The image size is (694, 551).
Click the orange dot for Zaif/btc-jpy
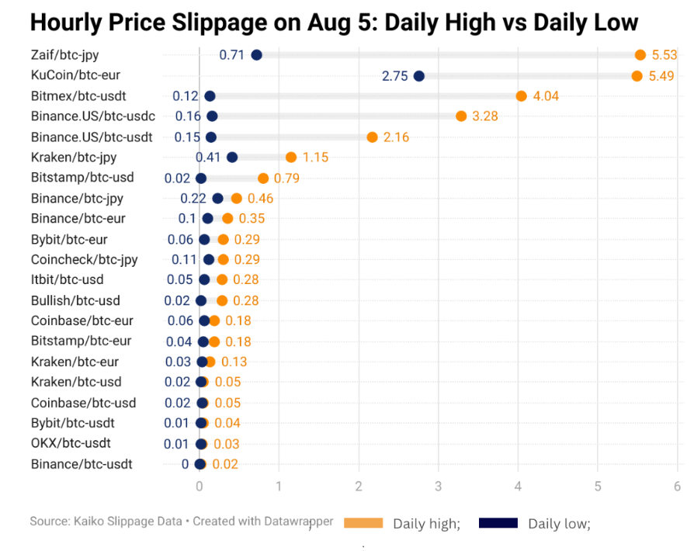[x=640, y=55]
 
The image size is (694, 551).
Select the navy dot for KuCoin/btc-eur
[x=419, y=76]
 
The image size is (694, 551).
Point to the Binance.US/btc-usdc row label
[x=93, y=116]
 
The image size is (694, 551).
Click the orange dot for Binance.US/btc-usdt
[x=372, y=137]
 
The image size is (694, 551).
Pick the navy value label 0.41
[x=208, y=158]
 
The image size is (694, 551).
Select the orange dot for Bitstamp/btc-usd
[x=263, y=178]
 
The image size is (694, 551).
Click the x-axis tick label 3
[x=438, y=487]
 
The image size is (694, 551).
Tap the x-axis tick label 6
[x=677, y=487]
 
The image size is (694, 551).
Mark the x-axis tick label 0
[x=200, y=487]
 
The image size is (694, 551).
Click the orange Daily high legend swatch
[x=363, y=523]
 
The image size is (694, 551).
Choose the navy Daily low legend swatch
[x=498, y=523]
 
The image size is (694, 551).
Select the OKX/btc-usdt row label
[x=71, y=444]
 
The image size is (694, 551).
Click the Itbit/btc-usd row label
[x=68, y=279]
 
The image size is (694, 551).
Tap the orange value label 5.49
[x=662, y=76]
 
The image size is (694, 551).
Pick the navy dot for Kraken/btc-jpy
[x=231, y=158]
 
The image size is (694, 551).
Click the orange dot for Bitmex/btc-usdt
[x=521, y=96]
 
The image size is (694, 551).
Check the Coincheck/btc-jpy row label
[x=85, y=259]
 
